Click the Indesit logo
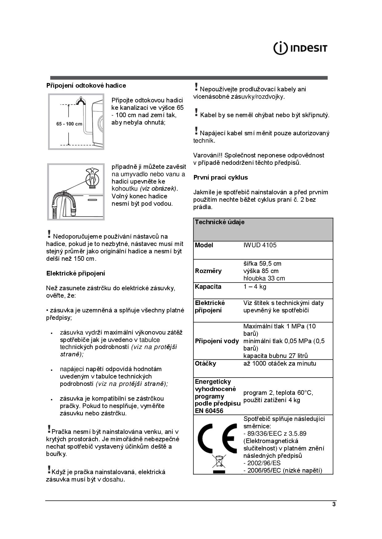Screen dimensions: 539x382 [x=300, y=48]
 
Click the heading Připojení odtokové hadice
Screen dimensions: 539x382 [x=86, y=85]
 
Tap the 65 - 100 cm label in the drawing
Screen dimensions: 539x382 [x=69, y=124]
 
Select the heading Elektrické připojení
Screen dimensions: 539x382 [x=76, y=273]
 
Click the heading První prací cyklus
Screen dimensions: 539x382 [x=220, y=177]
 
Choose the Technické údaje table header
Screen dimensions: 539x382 [x=220, y=222]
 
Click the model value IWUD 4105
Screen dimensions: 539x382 [x=260, y=245]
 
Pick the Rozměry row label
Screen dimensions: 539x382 [x=208, y=271]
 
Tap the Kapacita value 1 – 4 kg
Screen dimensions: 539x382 [x=255, y=287]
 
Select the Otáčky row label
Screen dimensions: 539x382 [x=205, y=363]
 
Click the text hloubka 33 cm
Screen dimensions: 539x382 [x=264, y=278]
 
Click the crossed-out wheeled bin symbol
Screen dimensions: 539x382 [x=219, y=462]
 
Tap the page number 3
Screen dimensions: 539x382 [x=334, y=505]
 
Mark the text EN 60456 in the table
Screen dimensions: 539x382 [x=209, y=411]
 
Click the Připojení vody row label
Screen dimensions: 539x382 [x=217, y=341]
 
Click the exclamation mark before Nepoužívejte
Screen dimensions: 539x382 [x=196, y=87]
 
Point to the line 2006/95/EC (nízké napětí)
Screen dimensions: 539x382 [x=283, y=470]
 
